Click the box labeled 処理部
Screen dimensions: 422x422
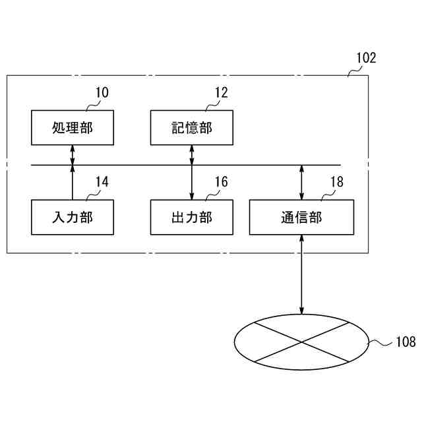[72, 127]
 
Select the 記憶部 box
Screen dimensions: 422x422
[191, 127]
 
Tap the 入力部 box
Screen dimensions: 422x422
[72, 218]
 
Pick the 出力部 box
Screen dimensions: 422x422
[191, 218]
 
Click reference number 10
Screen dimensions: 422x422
[102, 92]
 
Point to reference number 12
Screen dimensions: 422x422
[221, 92]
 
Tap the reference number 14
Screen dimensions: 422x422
[102, 182]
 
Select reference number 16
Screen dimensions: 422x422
[221, 182]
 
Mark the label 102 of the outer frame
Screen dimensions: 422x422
[366, 57]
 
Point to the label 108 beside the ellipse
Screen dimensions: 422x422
[405, 342]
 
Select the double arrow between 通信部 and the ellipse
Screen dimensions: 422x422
[302, 274]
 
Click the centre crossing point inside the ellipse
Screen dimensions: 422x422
[302, 342]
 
